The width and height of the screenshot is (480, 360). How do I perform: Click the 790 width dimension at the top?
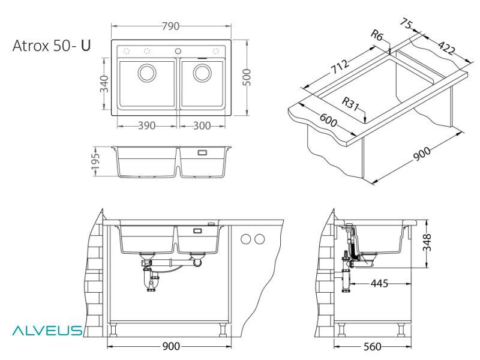coord(171,26)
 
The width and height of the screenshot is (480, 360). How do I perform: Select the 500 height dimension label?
coord(245,76)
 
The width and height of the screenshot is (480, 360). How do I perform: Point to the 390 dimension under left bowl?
coord(146,125)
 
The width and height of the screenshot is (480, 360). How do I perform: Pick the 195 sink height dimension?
coord(95,161)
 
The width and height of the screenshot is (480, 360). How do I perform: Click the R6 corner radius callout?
coord(376,37)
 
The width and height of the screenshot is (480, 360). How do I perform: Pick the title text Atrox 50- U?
coord(52,46)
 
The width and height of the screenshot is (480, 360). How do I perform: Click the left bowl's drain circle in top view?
coord(147,73)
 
